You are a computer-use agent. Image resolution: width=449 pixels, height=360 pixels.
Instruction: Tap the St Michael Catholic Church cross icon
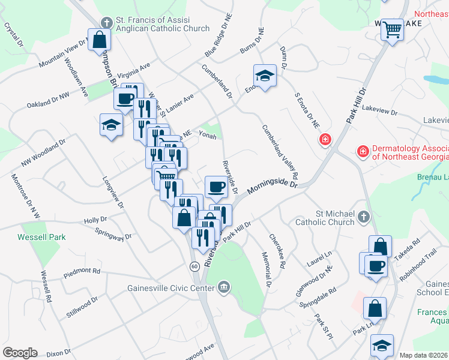[x=363, y=217]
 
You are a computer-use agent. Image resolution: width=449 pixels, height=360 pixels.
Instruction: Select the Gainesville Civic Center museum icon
[x=224, y=288]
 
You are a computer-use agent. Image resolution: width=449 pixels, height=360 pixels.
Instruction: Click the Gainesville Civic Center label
[x=171, y=288]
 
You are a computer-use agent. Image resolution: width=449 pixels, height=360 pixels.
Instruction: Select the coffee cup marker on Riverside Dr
[x=216, y=186]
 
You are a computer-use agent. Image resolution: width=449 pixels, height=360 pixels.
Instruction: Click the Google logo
[x=20, y=353]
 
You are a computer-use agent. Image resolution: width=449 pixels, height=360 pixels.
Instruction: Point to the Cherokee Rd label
[x=277, y=251]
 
